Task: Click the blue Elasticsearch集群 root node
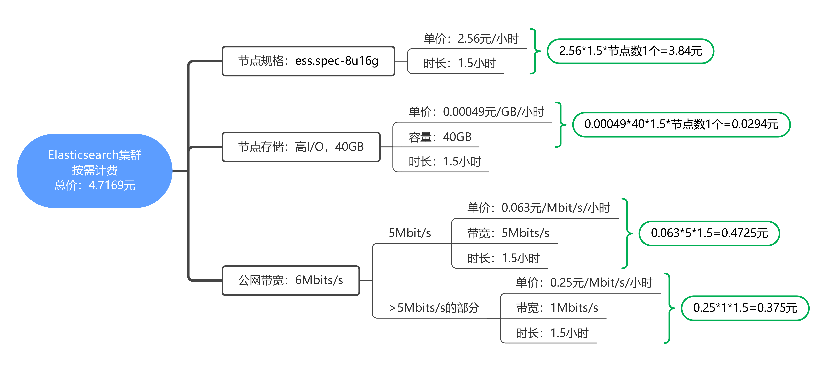coord(95,171)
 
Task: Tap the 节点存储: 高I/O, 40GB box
coord(301,147)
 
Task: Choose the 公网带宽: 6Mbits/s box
coord(291,280)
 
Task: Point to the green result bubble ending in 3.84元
coord(630,51)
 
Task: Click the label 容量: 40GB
coord(440,137)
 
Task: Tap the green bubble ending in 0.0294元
coord(681,124)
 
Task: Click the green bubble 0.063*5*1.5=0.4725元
coord(709,233)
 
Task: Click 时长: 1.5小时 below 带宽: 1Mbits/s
coord(552,333)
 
